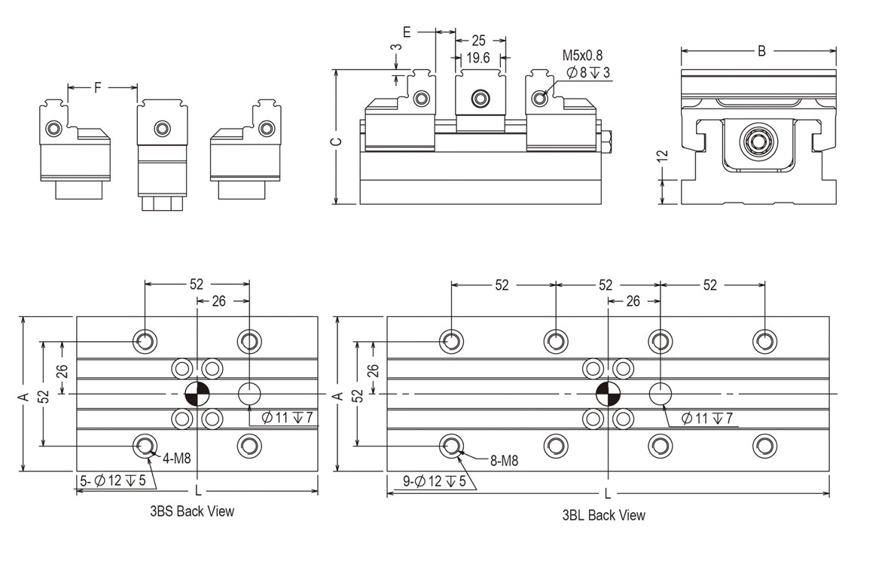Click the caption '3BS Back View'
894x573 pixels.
pos(192,512)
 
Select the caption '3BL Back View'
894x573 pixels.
pos(603,516)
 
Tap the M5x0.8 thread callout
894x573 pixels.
pos(582,55)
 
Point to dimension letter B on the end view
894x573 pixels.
pos(761,51)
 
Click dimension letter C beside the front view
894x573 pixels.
pos(337,141)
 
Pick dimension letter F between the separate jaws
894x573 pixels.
pos(98,88)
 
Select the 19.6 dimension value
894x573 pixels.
pos(478,58)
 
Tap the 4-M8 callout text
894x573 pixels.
pos(176,457)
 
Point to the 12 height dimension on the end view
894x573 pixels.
pos(662,157)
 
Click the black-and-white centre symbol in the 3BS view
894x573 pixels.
pos(197,394)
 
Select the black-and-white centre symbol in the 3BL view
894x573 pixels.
pos(607,394)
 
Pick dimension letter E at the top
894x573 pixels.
pos(407,32)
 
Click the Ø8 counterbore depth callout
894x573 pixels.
pos(588,73)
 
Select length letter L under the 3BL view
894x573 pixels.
pos(607,495)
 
